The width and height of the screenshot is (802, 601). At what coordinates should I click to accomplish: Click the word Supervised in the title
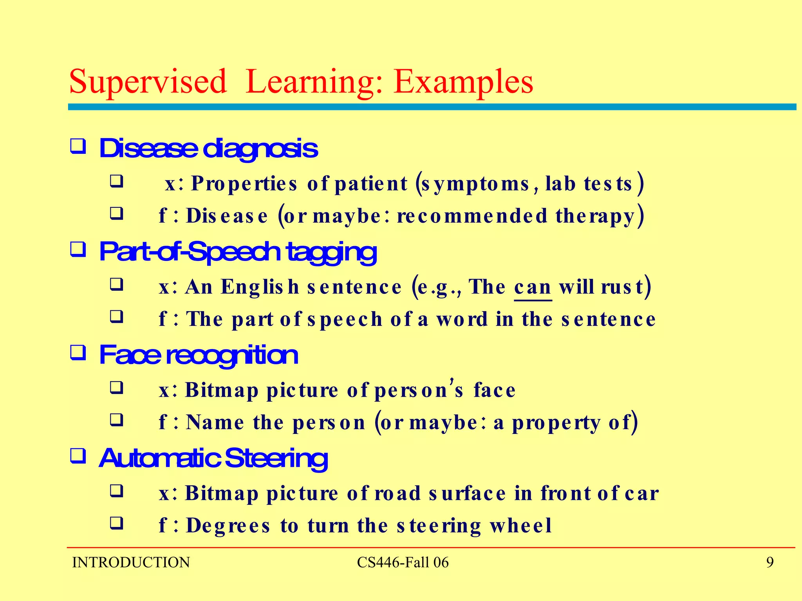pyautogui.click(x=148, y=82)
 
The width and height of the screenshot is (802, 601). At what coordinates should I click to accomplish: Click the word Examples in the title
pyautogui.click(x=463, y=82)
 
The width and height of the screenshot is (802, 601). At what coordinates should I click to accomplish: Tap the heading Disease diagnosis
pyautogui.click(x=208, y=149)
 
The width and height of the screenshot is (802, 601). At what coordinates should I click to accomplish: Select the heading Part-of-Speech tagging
pyautogui.click(x=238, y=252)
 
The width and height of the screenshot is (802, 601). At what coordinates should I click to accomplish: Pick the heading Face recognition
pyautogui.click(x=199, y=355)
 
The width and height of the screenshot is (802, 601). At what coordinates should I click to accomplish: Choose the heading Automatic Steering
pyautogui.click(x=213, y=458)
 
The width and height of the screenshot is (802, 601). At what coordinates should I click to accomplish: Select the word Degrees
pyautogui.click(x=228, y=525)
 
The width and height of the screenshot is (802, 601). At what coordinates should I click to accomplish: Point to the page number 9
pyautogui.click(x=769, y=562)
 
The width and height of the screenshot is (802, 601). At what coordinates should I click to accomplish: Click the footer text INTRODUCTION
pyautogui.click(x=131, y=562)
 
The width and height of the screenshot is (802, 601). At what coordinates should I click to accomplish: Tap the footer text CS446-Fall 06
pyautogui.click(x=403, y=562)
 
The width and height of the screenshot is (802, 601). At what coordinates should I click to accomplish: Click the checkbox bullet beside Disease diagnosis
pyautogui.click(x=78, y=147)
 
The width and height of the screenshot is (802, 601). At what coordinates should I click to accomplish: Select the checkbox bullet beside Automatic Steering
pyautogui.click(x=78, y=456)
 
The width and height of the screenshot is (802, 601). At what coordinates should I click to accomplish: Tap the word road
pyautogui.click(x=397, y=493)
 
